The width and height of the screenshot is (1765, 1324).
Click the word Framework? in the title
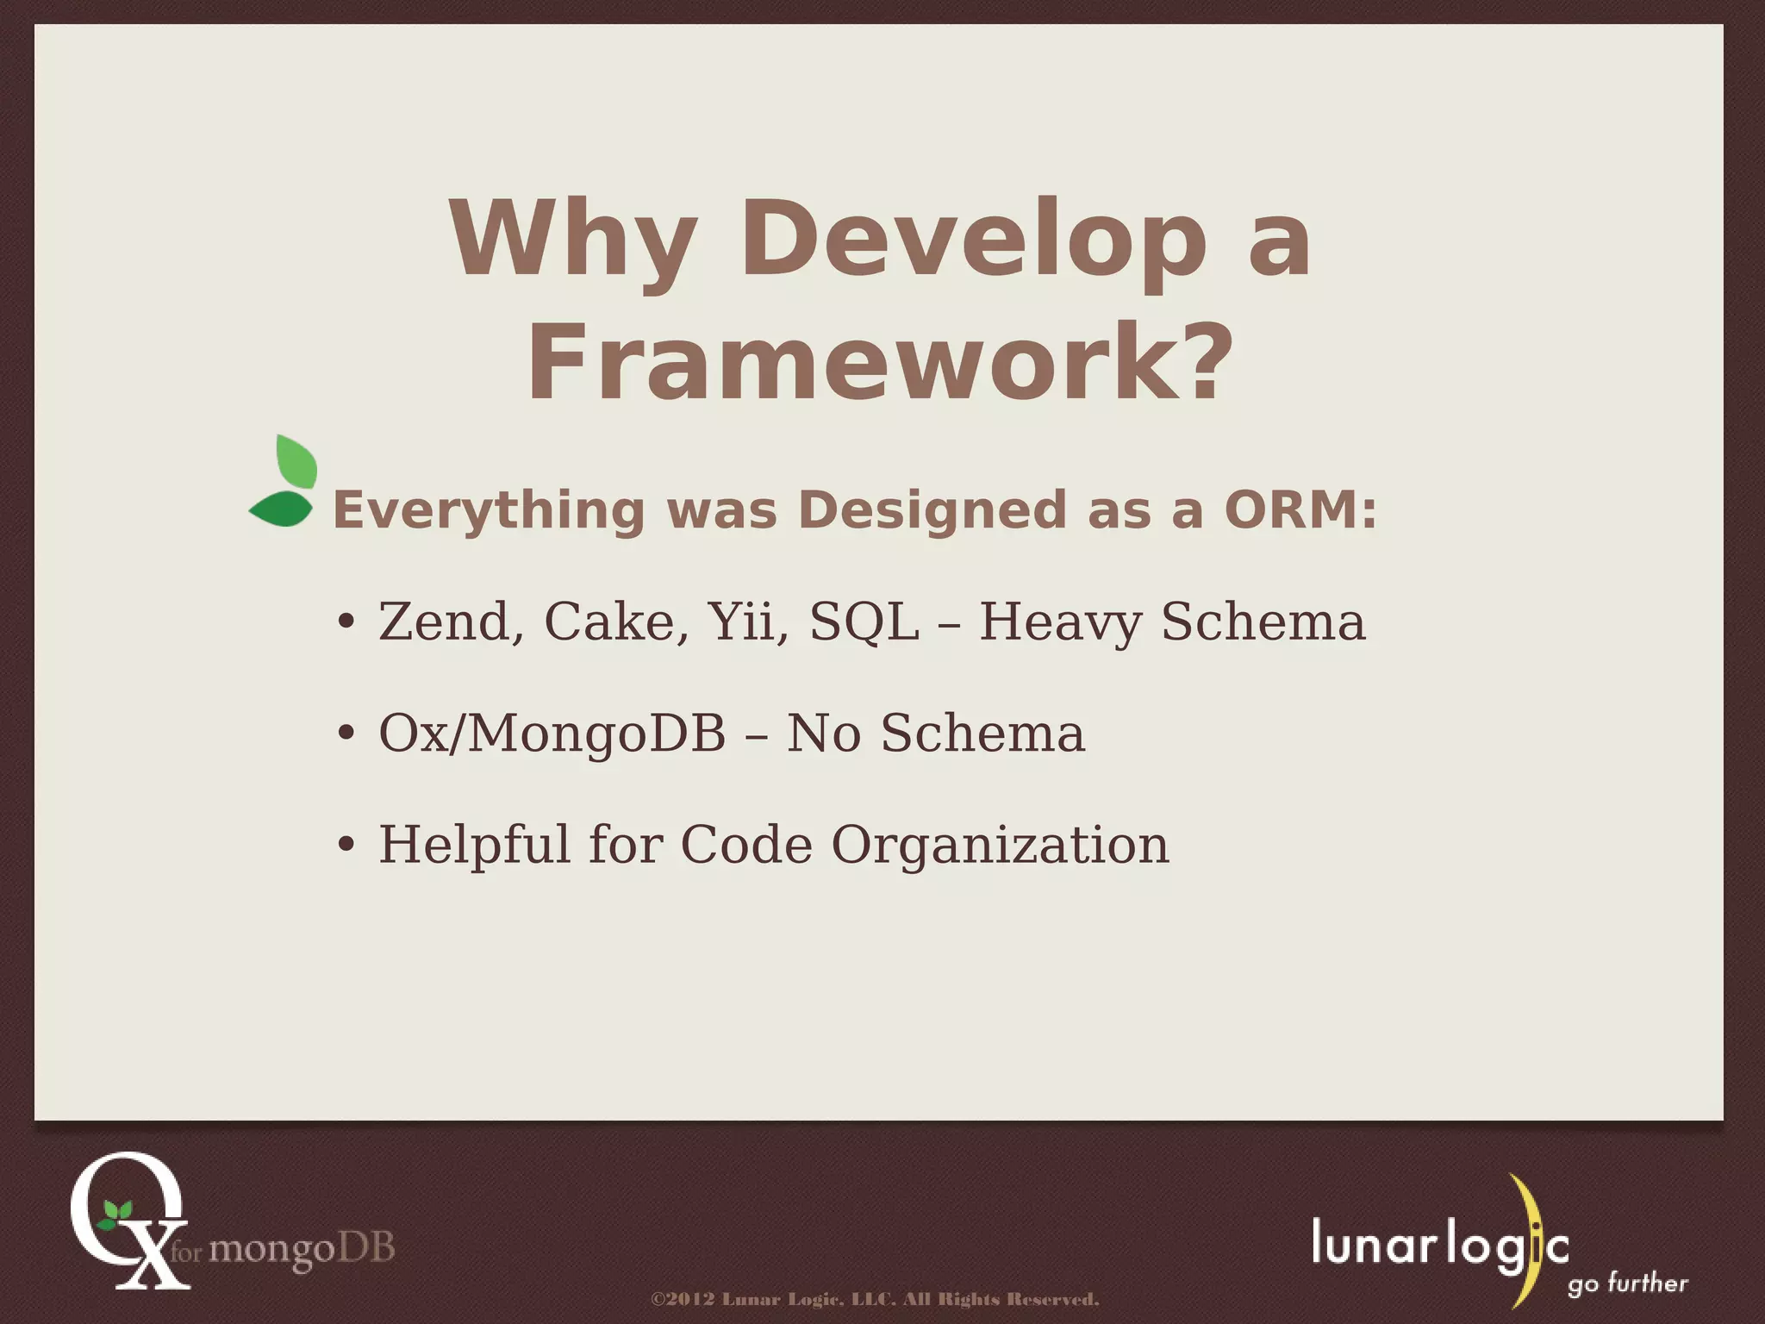point(879,362)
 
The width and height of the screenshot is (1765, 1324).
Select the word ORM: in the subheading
point(1300,509)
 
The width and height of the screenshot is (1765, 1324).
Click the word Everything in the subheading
point(489,509)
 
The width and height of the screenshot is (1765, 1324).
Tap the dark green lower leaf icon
point(281,509)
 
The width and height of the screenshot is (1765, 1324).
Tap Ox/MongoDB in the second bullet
point(552,734)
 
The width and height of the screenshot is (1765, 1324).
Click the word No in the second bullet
point(823,734)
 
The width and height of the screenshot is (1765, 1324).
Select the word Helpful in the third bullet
point(474,844)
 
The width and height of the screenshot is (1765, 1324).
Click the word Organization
point(1000,844)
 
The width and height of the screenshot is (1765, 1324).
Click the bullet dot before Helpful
point(346,846)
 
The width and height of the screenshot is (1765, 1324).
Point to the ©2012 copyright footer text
point(875,1299)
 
